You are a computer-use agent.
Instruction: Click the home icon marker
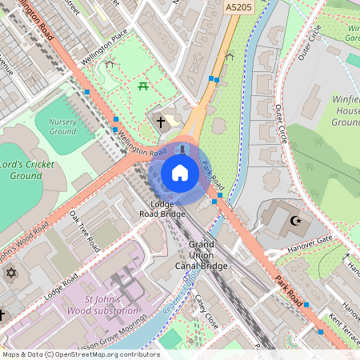180,173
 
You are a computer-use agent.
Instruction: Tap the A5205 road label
238,8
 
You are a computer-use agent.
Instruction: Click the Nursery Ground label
62,126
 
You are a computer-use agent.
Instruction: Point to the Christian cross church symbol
161,122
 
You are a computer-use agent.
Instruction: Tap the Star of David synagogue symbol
10,274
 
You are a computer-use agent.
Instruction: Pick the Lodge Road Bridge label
162,210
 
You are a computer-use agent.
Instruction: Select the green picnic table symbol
144,86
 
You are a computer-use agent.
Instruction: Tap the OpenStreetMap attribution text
80,354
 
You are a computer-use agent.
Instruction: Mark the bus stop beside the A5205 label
213,79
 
